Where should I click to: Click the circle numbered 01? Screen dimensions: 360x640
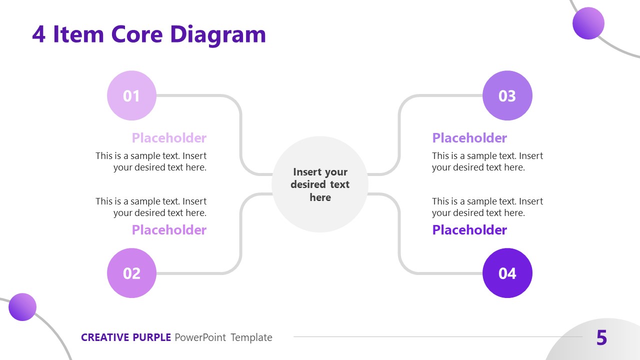pyautogui.click(x=131, y=95)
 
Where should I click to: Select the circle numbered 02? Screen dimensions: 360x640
pyautogui.click(x=131, y=273)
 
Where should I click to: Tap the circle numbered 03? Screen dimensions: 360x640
pyautogui.click(x=507, y=95)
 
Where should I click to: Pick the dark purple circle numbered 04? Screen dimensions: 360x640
pyautogui.click(x=507, y=273)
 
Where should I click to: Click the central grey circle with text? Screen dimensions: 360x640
pyautogui.click(x=320, y=184)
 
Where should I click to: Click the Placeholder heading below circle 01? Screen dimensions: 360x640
pyautogui.click(x=169, y=138)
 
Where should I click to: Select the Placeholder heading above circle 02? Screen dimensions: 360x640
pyautogui.click(x=169, y=230)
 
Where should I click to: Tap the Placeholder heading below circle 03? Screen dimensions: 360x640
pyautogui.click(x=469, y=138)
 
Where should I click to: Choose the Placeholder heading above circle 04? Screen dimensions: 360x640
pyautogui.click(x=469, y=230)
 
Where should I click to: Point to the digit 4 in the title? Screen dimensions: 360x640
pyautogui.click(x=39, y=35)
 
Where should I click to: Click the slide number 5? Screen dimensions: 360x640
pyautogui.click(x=601, y=338)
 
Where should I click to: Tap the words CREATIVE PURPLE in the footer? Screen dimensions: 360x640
pyautogui.click(x=126, y=337)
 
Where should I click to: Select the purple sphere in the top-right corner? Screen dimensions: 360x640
pyautogui.click(x=588, y=23)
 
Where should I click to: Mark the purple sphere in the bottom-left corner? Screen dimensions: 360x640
pyautogui.click(x=22, y=307)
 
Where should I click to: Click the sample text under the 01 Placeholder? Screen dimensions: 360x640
pyautogui.click(x=151, y=161)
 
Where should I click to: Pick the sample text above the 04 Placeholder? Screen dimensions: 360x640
pyautogui.click(x=487, y=207)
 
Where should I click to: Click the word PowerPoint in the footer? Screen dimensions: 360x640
pyautogui.click(x=200, y=337)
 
